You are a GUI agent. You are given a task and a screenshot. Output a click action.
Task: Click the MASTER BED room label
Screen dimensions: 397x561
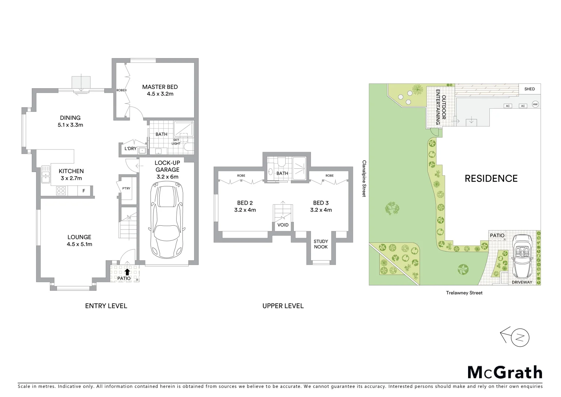pyautogui.click(x=160, y=87)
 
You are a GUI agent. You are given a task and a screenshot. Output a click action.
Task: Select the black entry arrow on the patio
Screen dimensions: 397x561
pyautogui.click(x=127, y=272)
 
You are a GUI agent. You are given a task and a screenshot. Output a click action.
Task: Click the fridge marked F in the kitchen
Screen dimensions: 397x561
pyautogui.click(x=84, y=191)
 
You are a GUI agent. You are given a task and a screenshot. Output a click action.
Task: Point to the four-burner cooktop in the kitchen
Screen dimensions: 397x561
pyautogui.click(x=61, y=191)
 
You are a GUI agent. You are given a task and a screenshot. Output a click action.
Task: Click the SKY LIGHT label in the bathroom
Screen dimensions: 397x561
pyautogui.click(x=176, y=142)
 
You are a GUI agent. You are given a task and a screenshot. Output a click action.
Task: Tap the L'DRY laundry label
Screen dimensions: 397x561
pyautogui.click(x=130, y=149)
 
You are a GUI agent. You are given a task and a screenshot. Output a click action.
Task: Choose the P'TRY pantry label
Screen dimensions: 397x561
pyautogui.click(x=126, y=189)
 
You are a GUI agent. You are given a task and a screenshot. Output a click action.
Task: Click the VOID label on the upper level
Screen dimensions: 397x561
pyautogui.click(x=283, y=225)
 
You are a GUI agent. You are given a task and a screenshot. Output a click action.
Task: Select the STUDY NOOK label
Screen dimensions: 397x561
pyautogui.click(x=321, y=244)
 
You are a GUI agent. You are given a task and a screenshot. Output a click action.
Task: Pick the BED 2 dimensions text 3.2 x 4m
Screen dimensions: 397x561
pyautogui.click(x=245, y=210)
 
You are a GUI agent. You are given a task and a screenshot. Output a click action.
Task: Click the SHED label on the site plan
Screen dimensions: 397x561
pyautogui.click(x=529, y=89)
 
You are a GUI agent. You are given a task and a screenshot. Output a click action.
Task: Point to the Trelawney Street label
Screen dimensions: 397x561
pyautogui.click(x=464, y=293)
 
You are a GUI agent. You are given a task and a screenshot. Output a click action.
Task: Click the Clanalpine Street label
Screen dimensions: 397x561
pyautogui.click(x=364, y=178)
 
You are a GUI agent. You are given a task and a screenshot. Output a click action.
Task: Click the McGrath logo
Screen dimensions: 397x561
pyautogui.click(x=505, y=372)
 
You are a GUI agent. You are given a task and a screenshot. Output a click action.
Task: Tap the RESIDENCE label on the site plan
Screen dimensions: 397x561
pyautogui.click(x=491, y=179)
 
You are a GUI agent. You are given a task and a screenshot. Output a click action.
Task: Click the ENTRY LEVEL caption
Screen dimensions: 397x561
pyautogui.click(x=106, y=306)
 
